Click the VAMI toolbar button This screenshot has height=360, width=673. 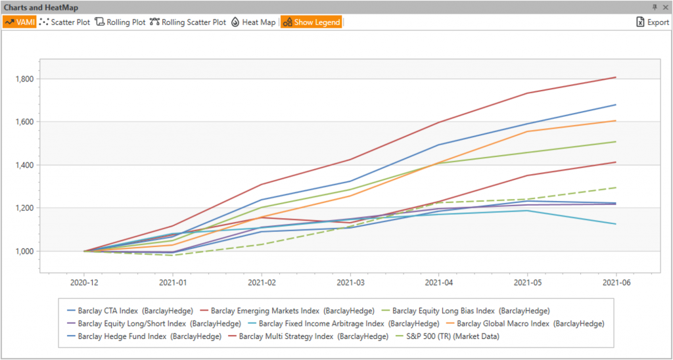tap(20, 22)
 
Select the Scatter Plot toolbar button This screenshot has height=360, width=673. tap(65, 22)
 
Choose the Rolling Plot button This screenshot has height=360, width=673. tap(120, 22)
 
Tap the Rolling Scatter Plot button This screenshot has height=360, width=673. tap(188, 22)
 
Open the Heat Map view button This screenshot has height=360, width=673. tap(253, 22)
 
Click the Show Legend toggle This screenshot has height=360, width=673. tap(312, 22)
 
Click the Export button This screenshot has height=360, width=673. tap(652, 22)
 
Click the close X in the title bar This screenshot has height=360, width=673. tap(665, 7)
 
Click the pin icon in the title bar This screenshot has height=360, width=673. tap(655, 7)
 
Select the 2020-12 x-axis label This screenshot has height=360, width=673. tap(84, 281)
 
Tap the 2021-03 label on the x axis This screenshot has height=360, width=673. tap(350, 281)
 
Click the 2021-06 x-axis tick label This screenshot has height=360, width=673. tap(615, 281)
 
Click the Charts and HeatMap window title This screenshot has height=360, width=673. tap(39, 7)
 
